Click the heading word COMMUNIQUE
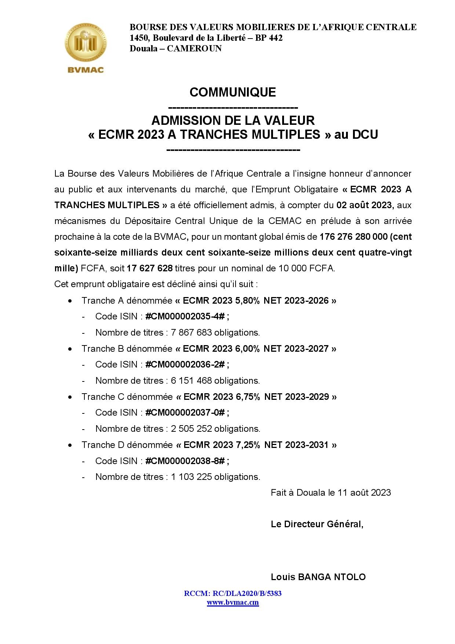point(233,92)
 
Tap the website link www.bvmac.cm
point(233,603)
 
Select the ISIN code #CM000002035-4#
point(185,316)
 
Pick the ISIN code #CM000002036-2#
point(185,365)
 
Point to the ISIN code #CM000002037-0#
point(185,413)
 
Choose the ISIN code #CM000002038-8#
point(185,461)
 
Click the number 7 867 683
point(191,333)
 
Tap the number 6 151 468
point(191,381)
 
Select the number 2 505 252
point(191,429)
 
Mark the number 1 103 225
point(191,477)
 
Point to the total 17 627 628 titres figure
point(149,268)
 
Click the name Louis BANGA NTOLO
point(318,577)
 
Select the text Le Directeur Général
point(317,524)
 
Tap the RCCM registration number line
point(233,593)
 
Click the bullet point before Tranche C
point(70,397)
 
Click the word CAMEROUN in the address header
point(194,48)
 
